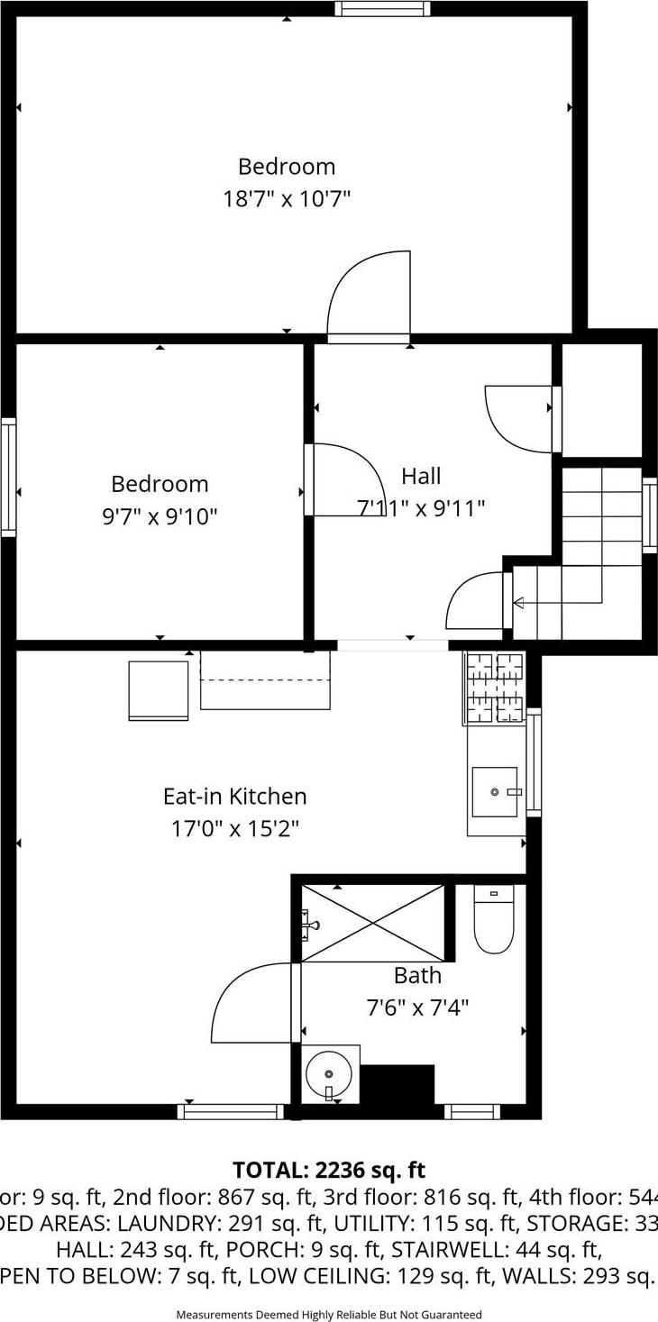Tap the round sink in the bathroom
(329, 1073)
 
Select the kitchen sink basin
(495, 791)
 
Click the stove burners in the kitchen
(495, 688)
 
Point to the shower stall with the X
(373, 924)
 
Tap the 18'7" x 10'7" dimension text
(287, 198)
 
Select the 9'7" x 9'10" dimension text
(160, 516)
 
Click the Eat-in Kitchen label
(234, 797)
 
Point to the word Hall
(421, 476)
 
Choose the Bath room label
(417, 975)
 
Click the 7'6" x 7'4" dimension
(417, 1006)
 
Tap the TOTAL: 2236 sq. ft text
(329, 1170)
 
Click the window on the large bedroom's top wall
(382, 9)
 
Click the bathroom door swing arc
(251, 1005)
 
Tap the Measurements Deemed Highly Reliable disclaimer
(329, 1315)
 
